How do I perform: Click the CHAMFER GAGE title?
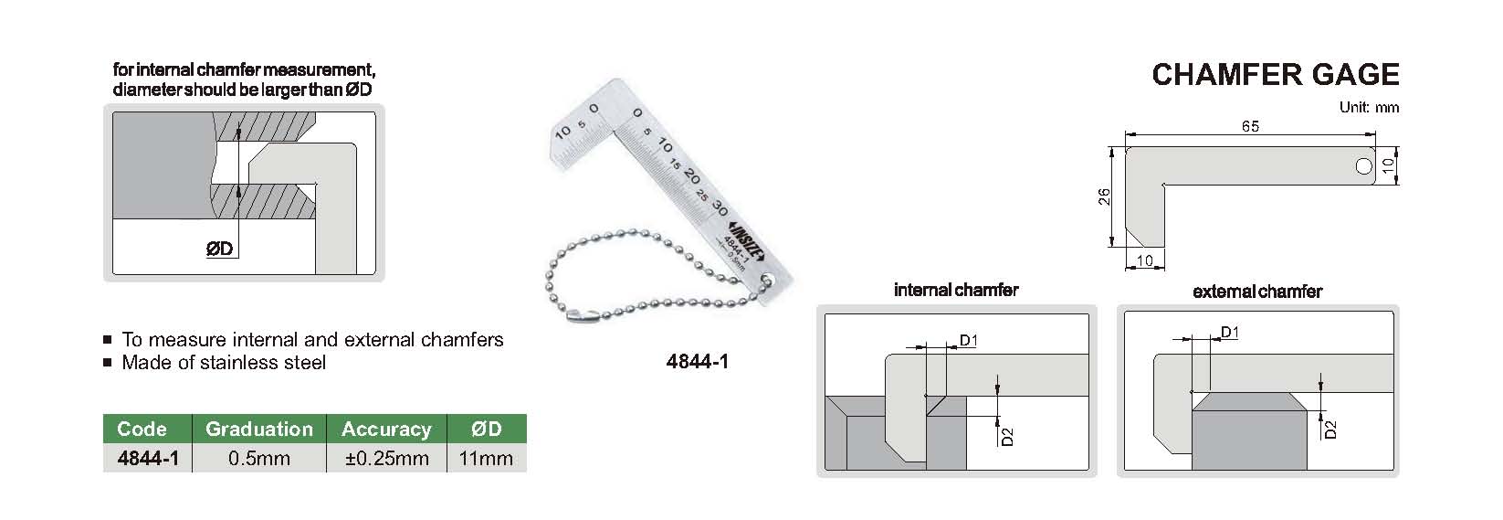click(1275, 75)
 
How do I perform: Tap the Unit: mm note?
click(1369, 108)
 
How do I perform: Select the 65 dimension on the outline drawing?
click(1250, 126)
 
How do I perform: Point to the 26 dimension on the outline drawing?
click(1105, 196)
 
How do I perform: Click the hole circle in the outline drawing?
click(1364, 166)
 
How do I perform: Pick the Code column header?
click(142, 429)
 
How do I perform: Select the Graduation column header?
click(259, 429)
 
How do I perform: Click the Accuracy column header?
click(386, 429)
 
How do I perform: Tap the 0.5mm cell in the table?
click(259, 458)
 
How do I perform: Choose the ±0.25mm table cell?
click(386, 458)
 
